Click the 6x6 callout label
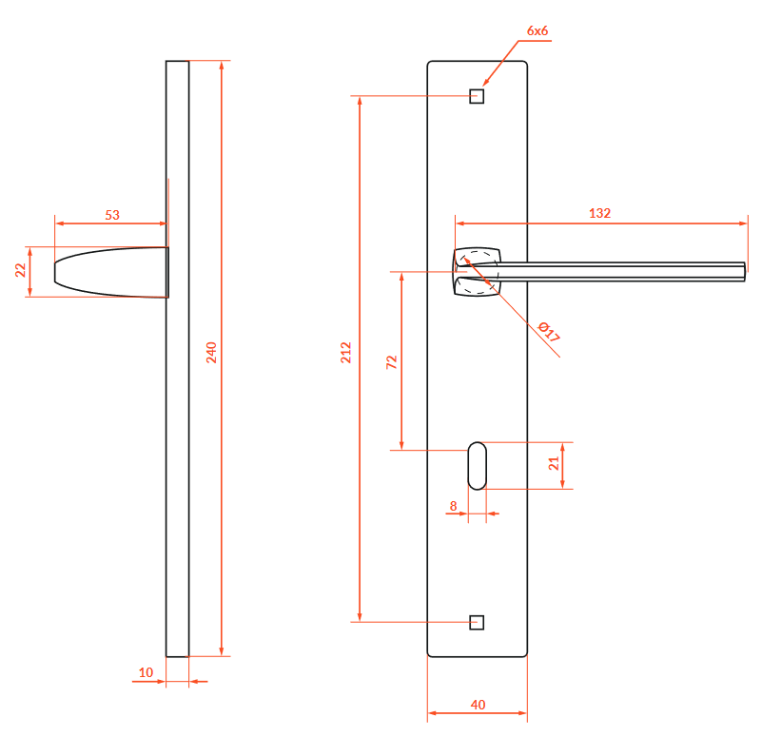tap(537, 30)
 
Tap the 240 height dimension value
tap(212, 352)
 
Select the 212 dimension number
tap(346, 352)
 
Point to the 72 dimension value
tap(392, 362)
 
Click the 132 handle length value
tap(599, 213)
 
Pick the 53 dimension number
tap(112, 215)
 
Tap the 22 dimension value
tap(20, 270)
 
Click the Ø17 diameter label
tap(549, 332)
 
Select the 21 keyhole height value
tap(554, 464)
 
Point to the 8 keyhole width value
tap(453, 506)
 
